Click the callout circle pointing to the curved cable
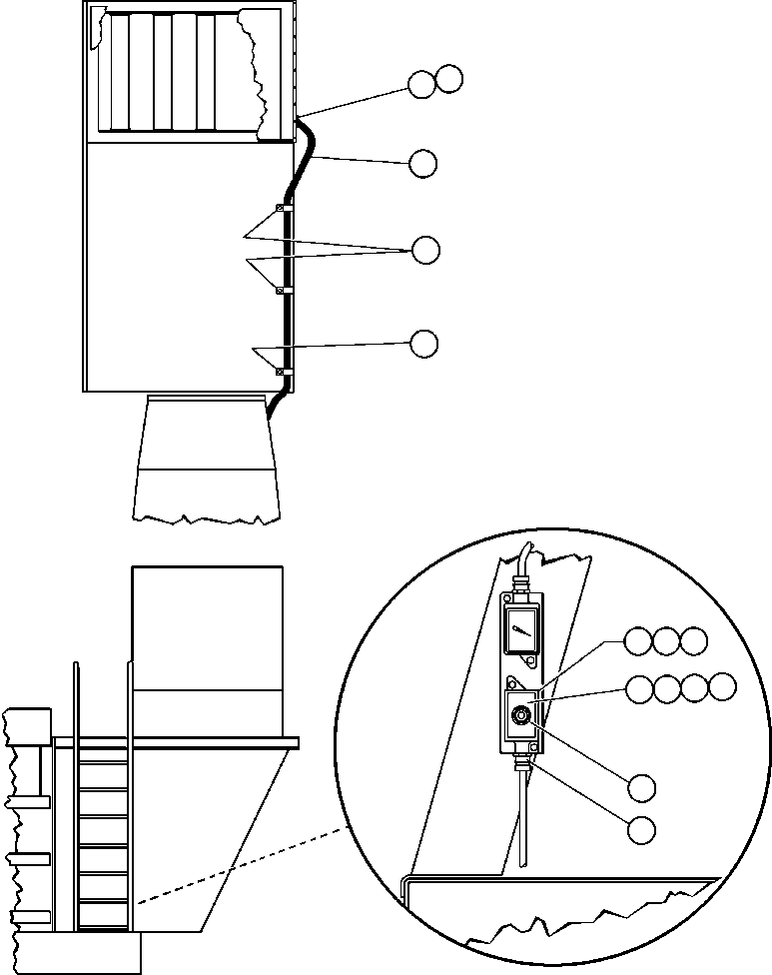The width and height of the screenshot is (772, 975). [423, 163]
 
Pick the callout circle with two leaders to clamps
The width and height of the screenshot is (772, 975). [425, 250]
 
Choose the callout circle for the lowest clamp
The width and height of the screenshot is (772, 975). [424, 343]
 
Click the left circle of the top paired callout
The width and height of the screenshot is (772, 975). [421, 84]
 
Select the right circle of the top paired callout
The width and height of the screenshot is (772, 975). [449, 80]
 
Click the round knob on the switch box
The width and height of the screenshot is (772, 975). [520, 716]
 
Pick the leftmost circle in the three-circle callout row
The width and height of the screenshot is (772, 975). [638, 641]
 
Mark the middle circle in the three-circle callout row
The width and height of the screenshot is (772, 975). [666, 641]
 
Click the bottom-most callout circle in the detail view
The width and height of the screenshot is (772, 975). [642, 828]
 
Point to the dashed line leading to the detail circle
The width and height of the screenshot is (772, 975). [240, 864]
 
